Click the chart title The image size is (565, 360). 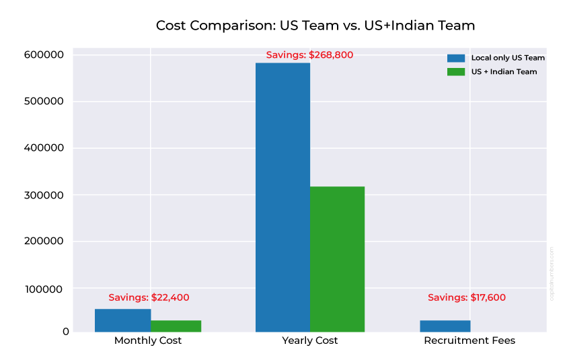(315, 26)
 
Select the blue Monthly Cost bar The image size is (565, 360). (122, 320)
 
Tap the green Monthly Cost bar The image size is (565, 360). (176, 326)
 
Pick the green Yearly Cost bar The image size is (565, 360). (337, 258)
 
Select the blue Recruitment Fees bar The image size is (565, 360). (445, 326)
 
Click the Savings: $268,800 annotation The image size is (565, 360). (309, 55)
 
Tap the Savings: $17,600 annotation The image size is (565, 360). (467, 297)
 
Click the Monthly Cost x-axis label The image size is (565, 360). (148, 340)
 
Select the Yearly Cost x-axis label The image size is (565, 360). (310, 340)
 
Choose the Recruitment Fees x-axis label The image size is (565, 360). (469, 340)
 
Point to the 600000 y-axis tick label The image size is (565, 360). (44, 55)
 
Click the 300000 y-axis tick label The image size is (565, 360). (44, 195)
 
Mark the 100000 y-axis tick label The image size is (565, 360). (44, 289)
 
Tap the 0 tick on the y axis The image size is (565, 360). (66, 332)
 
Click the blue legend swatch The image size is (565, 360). (456, 58)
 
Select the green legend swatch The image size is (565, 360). (456, 71)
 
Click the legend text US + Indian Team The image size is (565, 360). (504, 71)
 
